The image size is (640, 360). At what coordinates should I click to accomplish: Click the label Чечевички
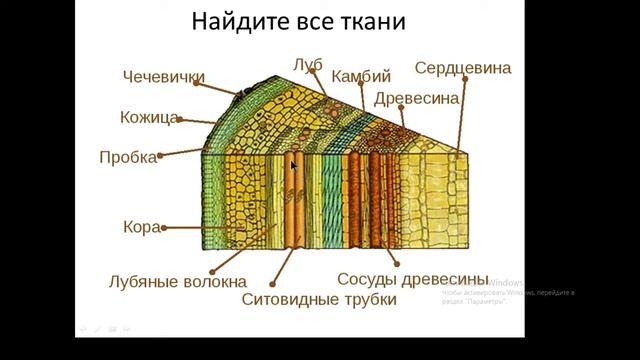click(164, 77)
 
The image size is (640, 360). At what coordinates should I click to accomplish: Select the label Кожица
click(149, 118)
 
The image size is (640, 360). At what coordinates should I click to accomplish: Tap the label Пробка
click(128, 157)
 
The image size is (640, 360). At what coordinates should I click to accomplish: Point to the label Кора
click(141, 227)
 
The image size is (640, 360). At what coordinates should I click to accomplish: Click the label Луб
click(307, 66)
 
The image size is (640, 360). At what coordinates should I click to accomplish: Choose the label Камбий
click(360, 76)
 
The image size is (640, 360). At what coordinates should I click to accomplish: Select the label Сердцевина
click(463, 68)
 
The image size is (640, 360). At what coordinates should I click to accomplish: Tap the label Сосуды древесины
click(412, 278)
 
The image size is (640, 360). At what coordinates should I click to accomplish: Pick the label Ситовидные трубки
click(319, 299)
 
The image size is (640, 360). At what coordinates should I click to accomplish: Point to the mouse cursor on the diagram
click(294, 165)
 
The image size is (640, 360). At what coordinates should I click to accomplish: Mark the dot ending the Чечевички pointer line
click(240, 95)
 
